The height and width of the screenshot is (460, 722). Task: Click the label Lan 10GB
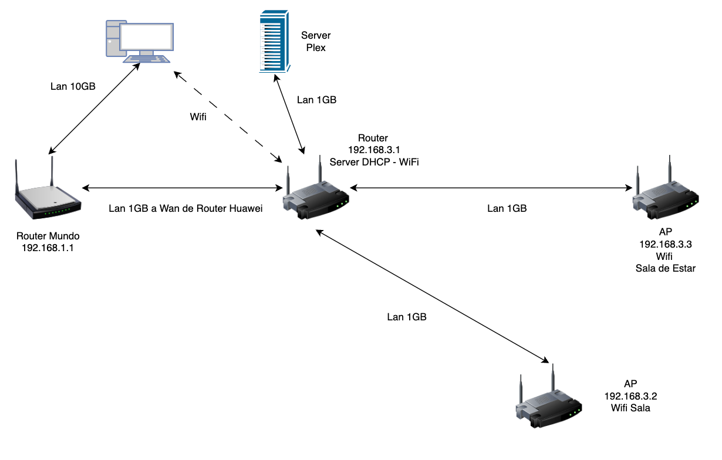[x=73, y=86]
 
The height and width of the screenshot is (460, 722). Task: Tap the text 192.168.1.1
[x=48, y=248]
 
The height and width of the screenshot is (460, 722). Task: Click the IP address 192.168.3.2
[x=630, y=395]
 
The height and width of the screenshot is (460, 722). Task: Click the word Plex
[x=316, y=48]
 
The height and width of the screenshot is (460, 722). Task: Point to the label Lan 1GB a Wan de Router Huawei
[x=185, y=208]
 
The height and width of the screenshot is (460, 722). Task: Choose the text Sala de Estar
[x=665, y=269]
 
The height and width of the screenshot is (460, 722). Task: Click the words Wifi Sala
[x=630, y=408]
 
